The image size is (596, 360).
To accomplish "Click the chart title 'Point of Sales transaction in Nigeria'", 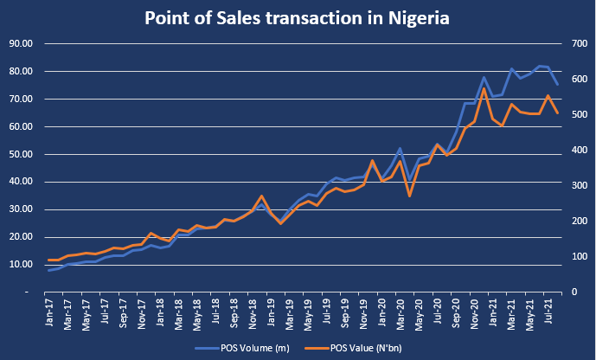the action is (297, 18).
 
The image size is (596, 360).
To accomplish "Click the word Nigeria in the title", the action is (419, 18).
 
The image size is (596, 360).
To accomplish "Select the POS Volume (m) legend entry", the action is (242, 348).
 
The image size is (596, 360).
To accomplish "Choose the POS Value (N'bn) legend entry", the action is (353, 348).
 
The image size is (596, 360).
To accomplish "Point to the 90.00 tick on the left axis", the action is (21, 44).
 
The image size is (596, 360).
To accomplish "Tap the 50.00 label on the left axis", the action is (21, 154).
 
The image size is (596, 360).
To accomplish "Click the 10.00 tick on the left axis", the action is (21, 265).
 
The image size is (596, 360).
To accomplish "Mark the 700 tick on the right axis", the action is (580, 44).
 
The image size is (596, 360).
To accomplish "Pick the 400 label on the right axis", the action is (580, 151).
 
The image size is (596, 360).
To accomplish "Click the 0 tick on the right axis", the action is (574, 292).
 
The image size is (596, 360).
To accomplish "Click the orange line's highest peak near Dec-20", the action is (484, 88).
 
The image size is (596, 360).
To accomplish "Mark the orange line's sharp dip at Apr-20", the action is (410, 196).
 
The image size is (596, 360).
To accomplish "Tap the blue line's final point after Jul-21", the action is (558, 85).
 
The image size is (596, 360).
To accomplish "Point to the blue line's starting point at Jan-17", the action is (49, 270).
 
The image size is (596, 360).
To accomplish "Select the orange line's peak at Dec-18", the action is (261, 196).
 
